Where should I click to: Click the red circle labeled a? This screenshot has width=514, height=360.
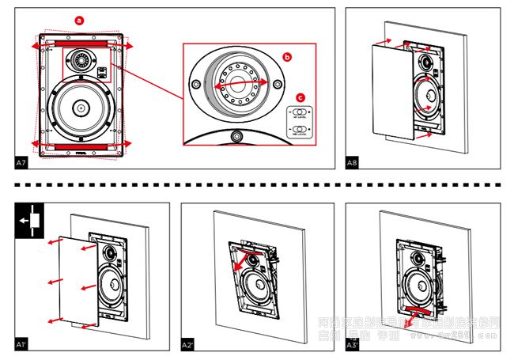78,18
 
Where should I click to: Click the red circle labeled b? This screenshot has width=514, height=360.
287,57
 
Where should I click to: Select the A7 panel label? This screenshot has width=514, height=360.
21,162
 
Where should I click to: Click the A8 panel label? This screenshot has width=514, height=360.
353,162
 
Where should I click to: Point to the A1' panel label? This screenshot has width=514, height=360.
22,345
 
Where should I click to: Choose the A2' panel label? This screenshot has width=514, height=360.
188,345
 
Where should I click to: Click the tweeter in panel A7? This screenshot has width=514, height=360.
81,60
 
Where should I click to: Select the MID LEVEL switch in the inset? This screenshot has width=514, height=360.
299,130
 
